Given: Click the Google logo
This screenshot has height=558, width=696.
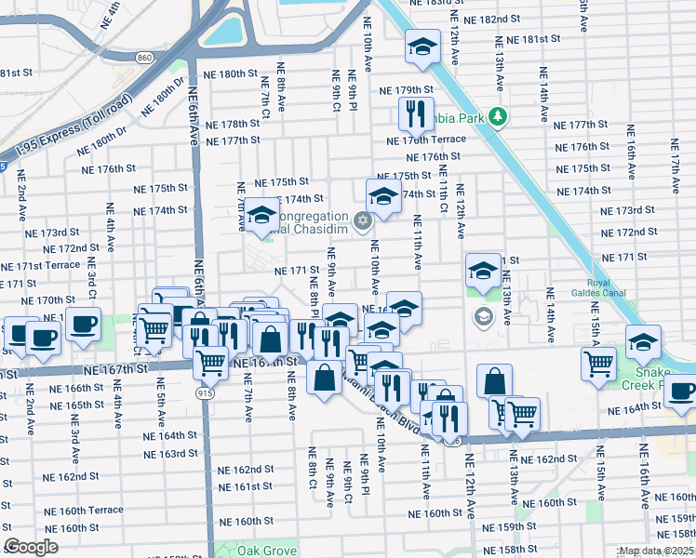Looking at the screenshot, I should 32,547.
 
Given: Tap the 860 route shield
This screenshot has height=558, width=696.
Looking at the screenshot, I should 142,57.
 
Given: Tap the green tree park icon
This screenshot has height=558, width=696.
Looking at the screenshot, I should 499,116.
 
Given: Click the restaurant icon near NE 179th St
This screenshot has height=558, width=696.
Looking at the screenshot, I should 416,113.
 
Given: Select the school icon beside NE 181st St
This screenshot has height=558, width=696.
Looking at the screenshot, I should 422,48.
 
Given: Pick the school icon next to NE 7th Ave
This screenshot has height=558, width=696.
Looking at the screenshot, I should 261,215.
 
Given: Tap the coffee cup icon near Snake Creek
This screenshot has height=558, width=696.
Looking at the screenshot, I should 680,392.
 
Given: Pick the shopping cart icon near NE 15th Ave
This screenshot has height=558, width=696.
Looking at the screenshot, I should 597,364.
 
